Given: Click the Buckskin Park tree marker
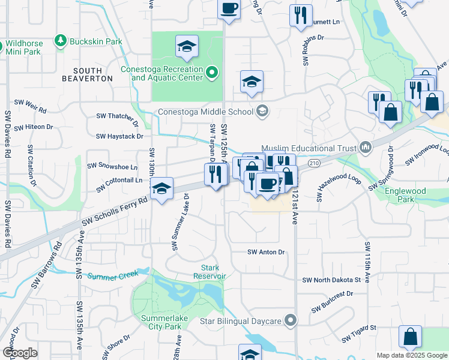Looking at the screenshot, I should (60, 41).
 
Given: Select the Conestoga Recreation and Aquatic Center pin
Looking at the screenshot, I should (211, 74).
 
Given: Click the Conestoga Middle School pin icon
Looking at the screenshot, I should (262, 110).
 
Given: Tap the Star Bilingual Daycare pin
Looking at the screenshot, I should (291, 321).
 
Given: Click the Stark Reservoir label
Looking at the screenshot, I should (209, 272).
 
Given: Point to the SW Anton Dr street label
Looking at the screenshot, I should (266, 253).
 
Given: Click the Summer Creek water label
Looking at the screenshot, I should (113, 275).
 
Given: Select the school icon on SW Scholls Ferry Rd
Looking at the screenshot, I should (161, 189).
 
